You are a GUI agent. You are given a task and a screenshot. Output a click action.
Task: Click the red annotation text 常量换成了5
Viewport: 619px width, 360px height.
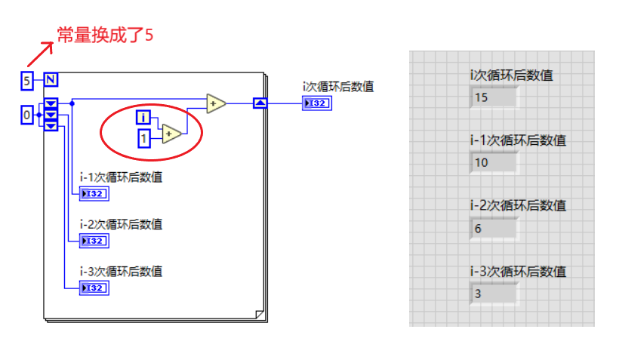click(106, 35)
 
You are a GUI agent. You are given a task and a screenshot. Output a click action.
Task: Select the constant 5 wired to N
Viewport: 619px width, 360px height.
click(27, 79)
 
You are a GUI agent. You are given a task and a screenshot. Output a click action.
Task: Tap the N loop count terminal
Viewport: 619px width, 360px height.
click(51, 79)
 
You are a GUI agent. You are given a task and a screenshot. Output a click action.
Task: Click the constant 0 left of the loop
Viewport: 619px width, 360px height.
click(27, 115)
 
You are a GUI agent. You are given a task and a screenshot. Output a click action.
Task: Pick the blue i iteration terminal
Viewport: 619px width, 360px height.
click(143, 116)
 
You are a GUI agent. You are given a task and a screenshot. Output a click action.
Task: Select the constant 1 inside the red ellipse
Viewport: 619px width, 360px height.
click(143, 138)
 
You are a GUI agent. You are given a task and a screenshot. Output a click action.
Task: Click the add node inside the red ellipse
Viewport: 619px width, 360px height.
click(171, 134)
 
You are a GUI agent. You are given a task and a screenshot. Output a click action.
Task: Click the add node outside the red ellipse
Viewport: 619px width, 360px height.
click(215, 103)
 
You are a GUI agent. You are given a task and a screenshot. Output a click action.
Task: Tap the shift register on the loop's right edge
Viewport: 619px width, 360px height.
click(260, 103)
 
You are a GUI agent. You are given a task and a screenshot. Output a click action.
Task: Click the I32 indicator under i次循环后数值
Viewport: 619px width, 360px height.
click(316, 103)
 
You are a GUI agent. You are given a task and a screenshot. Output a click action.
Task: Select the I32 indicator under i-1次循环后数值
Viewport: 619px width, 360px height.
click(94, 194)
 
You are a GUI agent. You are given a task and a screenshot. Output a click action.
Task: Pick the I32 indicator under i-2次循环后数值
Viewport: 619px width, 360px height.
click(94, 241)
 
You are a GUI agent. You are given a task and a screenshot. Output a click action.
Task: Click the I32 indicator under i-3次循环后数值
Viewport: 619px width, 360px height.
click(94, 288)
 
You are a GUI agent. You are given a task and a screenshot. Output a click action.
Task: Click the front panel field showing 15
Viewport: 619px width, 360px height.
click(494, 97)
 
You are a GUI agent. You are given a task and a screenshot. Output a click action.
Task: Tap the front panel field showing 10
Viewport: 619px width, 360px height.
click(494, 162)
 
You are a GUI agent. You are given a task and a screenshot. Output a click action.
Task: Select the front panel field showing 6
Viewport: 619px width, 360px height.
click(494, 228)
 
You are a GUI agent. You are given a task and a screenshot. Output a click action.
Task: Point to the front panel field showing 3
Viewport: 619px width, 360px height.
click(494, 293)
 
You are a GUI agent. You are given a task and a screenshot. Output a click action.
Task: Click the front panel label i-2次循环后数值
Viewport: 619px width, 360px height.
click(517, 205)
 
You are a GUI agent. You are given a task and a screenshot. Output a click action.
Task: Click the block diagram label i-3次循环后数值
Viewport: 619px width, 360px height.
click(121, 272)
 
